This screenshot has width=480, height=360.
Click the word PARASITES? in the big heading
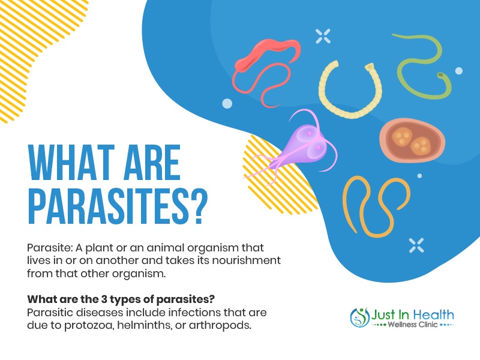click(x=118, y=206)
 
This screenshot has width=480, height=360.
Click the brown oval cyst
click(x=412, y=140)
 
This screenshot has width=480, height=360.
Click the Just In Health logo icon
click(x=360, y=317)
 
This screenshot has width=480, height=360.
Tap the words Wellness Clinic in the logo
click(x=412, y=325)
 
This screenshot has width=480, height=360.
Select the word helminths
click(x=145, y=325)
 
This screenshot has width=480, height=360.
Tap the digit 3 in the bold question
click(x=104, y=299)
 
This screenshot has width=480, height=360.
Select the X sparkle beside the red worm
click(x=323, y=36)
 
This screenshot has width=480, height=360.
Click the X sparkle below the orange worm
click(x=416, y=245)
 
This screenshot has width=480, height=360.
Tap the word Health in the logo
click(x=433, y=314)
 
